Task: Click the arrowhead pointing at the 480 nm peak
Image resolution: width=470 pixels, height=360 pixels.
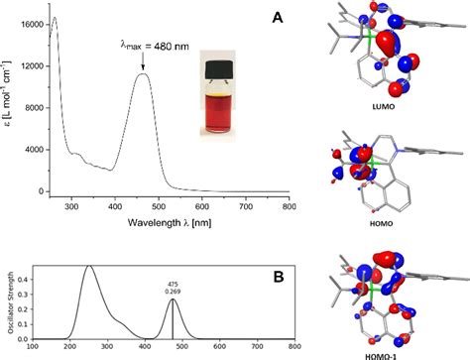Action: click(144, 70)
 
